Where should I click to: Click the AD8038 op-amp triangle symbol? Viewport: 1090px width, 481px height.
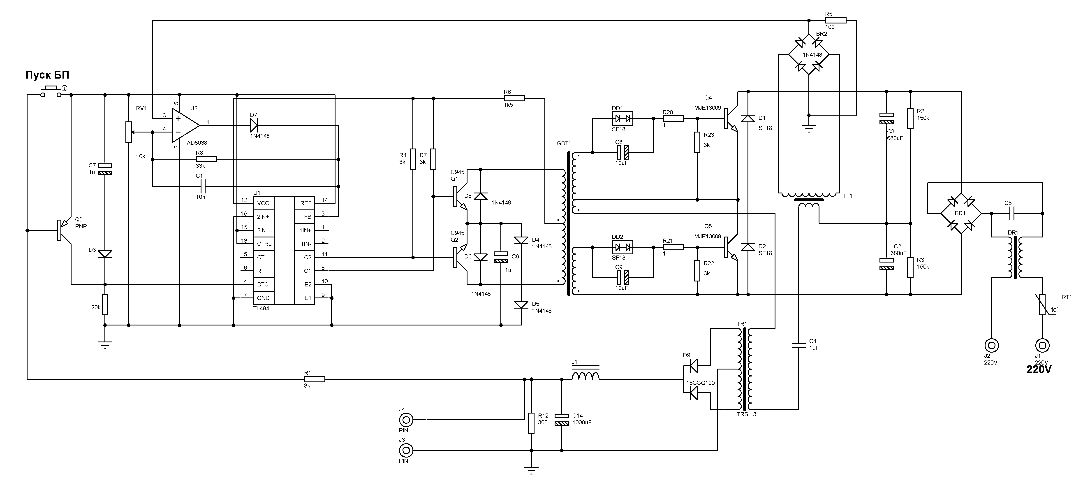tap(185, 125)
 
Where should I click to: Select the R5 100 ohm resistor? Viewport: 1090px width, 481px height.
tap(835, 20)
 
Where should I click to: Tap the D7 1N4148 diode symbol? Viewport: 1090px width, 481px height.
tap(254, 125)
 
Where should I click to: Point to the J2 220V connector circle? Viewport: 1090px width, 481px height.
tap(991, 345)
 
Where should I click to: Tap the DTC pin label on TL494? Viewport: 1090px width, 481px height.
tap(263, 285)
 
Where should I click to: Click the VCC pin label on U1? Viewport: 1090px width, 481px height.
tap(263, 203)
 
